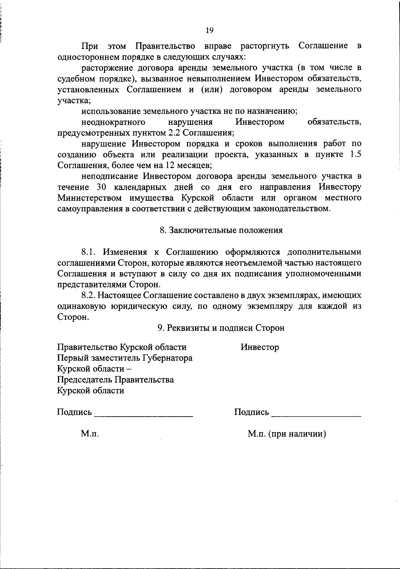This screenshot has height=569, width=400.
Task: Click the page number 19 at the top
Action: point(209,30)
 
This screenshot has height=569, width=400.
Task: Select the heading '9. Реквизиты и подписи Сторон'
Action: point(221,328)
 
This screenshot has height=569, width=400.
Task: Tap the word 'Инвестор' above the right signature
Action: point(260,347)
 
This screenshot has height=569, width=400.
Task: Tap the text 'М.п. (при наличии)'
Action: point(287,434)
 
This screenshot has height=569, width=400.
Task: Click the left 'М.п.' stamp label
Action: point(90,434)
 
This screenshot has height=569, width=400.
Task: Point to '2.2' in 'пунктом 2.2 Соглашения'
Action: point(174,133)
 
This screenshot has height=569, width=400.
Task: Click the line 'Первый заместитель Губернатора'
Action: point(125,358)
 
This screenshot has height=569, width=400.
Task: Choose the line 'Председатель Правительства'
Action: point(115,380)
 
